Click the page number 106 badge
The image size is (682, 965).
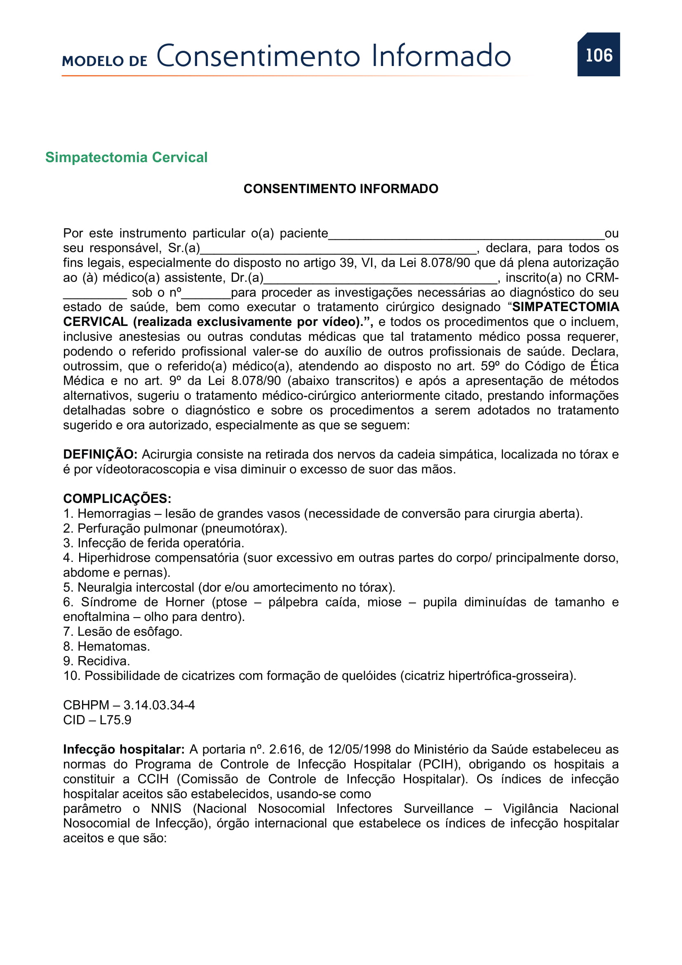pyautogui.click(x=598, y=54)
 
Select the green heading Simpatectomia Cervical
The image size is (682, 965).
pyautogui.click(x=127, y=157)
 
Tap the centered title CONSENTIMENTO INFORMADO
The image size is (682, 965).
pyautogui.click(x=341, y=189)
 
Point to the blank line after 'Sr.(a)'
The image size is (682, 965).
pyautogui.click(x=339, y=251)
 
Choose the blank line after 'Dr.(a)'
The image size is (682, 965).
pyautogui.click(x=381, y=280)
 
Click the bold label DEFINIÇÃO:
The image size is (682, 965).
pyautogui.click(x=100, y=454)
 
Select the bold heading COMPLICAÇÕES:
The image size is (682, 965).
pyautogui.click(x=117, y=498)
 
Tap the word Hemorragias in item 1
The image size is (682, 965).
pyautogui.click(x=114, y=514)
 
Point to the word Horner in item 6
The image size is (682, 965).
pyautogui.click(x=185, y=602)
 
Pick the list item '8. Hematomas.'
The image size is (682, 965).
pyautogui.click(x=106, y=646)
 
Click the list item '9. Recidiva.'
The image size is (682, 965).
pyautogui.click(x=96, y=661)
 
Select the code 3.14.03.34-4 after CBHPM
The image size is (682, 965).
pyautogui.click(x=159, y=705)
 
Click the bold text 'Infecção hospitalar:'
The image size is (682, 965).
pyautogui.click(x=124, y=749)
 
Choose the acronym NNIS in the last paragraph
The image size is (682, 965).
pyautogui.click(x=166, y=808)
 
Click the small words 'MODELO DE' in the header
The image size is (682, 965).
pyautogui.click(x=105, y=61)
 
